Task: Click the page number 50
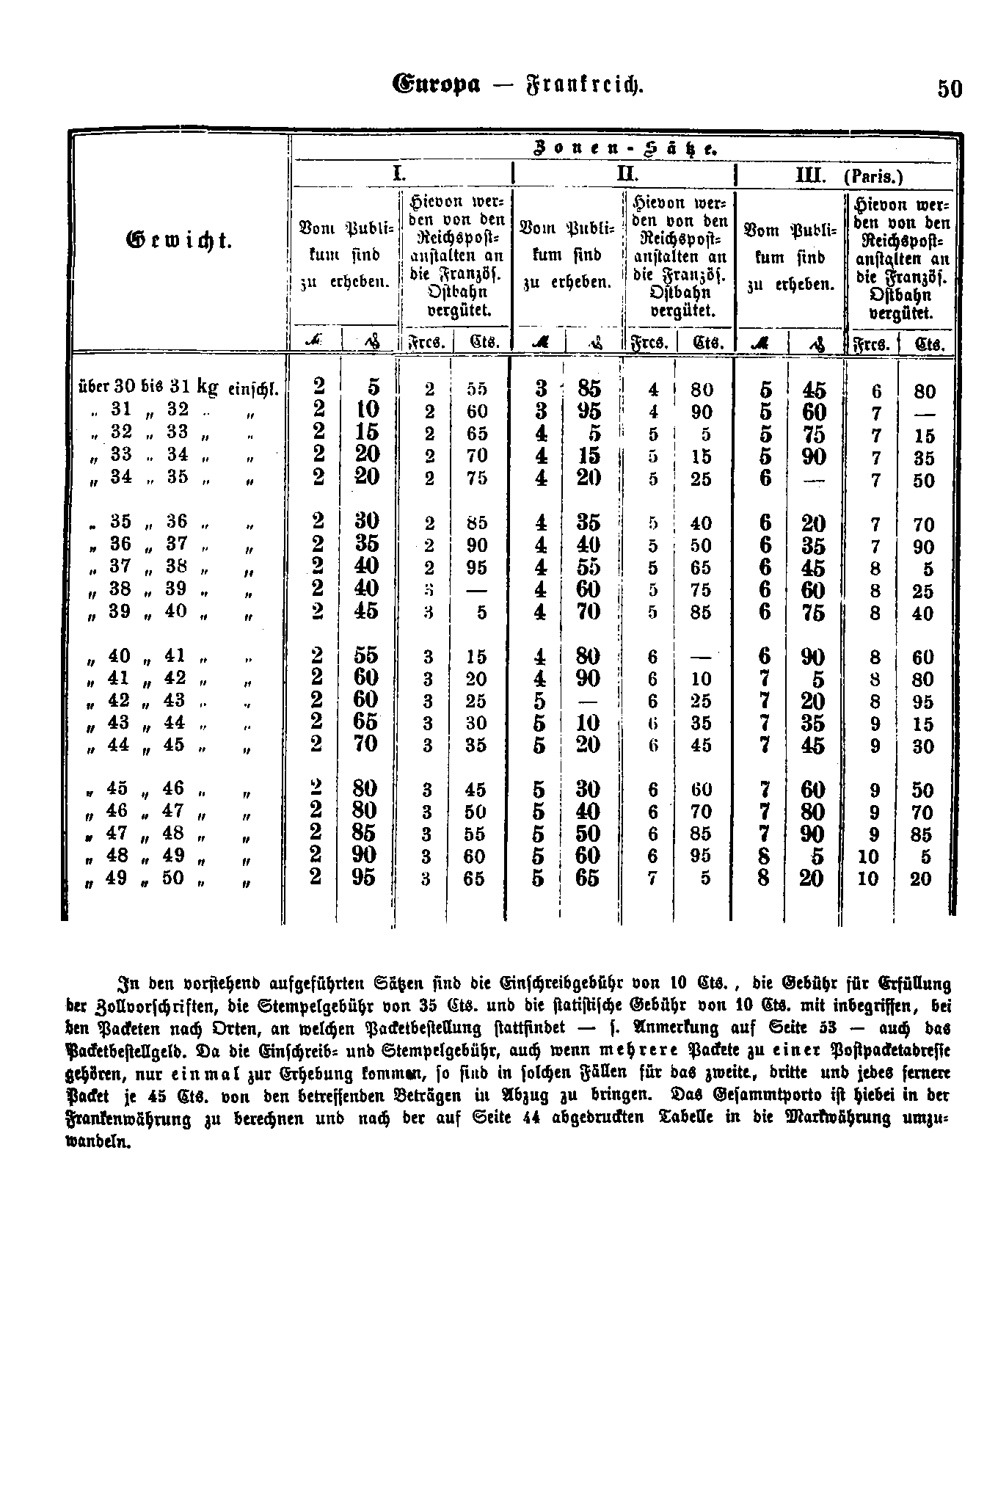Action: [949, 89]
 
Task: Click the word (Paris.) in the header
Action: [875, 177]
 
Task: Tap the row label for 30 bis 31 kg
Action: [178, 387]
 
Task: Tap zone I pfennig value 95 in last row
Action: [364, 878]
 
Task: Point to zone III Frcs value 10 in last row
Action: [868, 878]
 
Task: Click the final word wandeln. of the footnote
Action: [99, 1143]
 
